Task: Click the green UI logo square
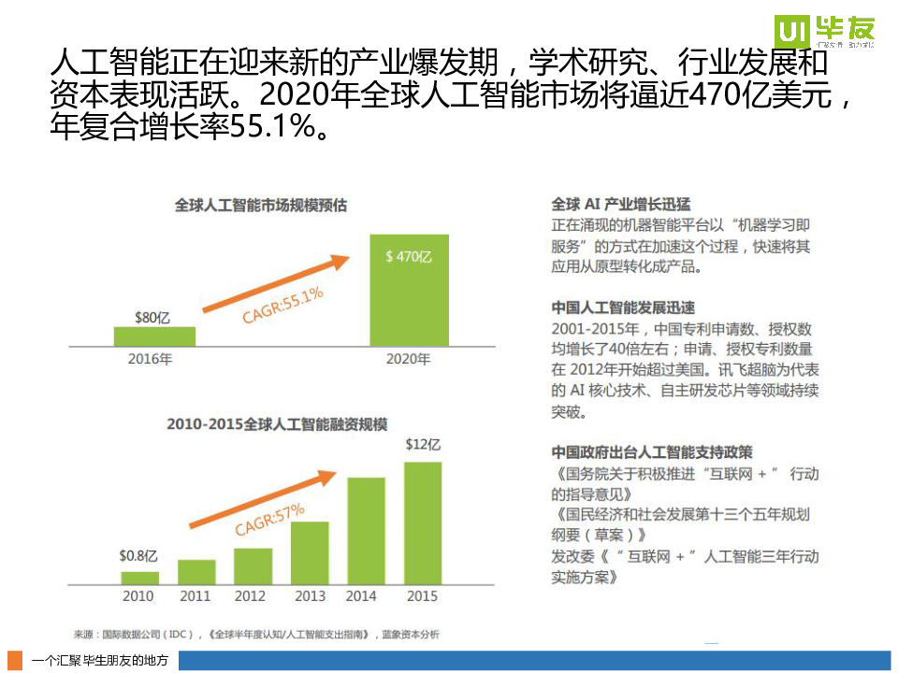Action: (x=791, y=34)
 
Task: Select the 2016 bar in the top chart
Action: (x=154, y=336)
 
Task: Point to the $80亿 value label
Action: (x=152, y=318)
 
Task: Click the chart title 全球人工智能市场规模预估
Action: (x=261, y=206)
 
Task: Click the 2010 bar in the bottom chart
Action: (x=140, y=578)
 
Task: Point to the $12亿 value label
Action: (x=423, y=445)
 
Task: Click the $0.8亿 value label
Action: (x=138, y=555)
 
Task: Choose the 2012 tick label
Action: (x=251, y=596)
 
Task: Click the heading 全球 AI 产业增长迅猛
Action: (x=621, y=205)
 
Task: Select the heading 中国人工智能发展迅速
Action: (x=623, y=308)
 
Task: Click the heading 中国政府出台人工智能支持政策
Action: (x=652, y=452)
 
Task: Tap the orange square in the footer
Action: (x=15, y=660)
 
